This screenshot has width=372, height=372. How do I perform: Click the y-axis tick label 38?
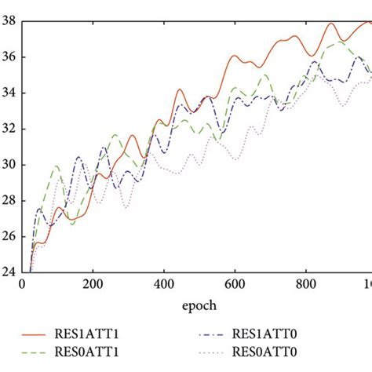click(x=9, y=22)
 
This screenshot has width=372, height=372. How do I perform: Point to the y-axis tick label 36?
click(x=9, y=57)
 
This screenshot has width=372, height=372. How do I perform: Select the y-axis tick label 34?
click(x=9, y=93)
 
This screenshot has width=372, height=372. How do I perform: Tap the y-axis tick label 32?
click(x=9, y=129)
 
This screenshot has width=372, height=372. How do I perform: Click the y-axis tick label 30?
click(x=9, y=165)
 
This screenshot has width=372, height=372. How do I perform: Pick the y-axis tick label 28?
click(x=9, y=201)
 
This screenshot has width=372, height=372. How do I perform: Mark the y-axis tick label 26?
click(x=9, y=237)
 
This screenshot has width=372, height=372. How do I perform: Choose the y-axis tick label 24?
click(x=9, y=272)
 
